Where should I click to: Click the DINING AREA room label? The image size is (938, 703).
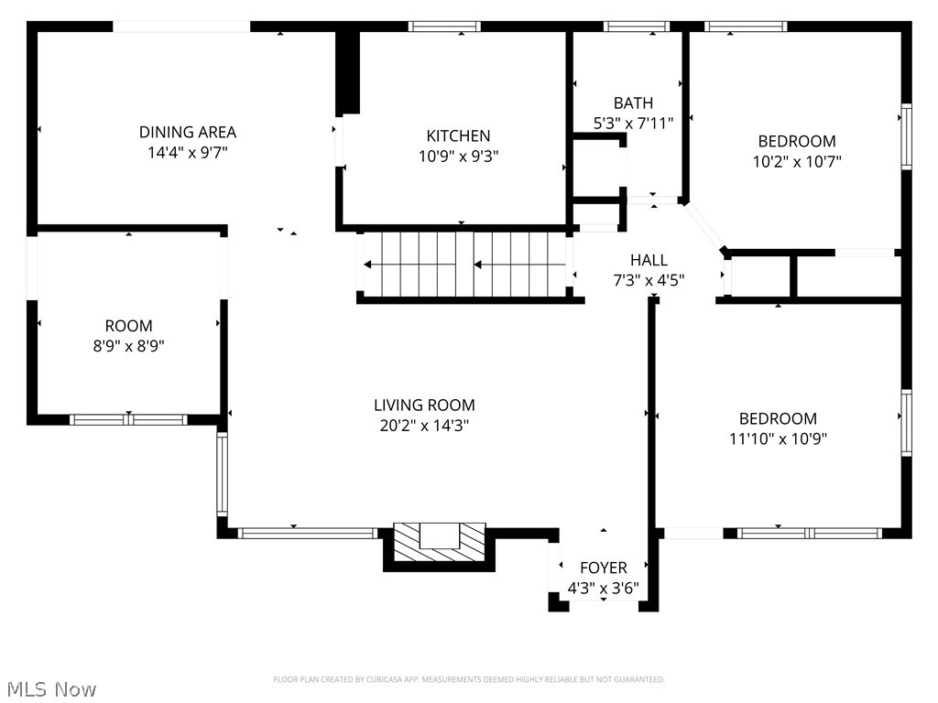click(188, 133)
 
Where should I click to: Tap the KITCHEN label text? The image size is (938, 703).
click(458, 136)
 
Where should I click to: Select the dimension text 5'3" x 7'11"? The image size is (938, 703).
click(634, 123)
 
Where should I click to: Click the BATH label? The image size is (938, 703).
click(634, 103)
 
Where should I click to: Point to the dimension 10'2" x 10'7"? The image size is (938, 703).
click(796, 161)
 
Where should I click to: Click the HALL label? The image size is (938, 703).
click(649, 261)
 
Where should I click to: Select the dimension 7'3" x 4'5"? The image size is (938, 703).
click(649, 280)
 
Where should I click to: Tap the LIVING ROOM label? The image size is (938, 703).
click(424, 406)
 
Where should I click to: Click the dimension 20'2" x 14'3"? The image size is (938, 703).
click(424, 425)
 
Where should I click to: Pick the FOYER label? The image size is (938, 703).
click(603, 568)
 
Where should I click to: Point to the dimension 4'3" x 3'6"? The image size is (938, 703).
click(603, 588)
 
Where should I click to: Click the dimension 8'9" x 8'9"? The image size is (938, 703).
click(128, 345)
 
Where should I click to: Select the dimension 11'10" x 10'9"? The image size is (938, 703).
click(778, 438)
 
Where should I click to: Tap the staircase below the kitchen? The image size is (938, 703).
click(465, 265)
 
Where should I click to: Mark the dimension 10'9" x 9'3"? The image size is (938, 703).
click(458, 156)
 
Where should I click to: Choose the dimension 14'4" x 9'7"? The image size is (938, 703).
click(188, 152)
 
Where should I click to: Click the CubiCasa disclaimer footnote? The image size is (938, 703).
click(469, 679)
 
